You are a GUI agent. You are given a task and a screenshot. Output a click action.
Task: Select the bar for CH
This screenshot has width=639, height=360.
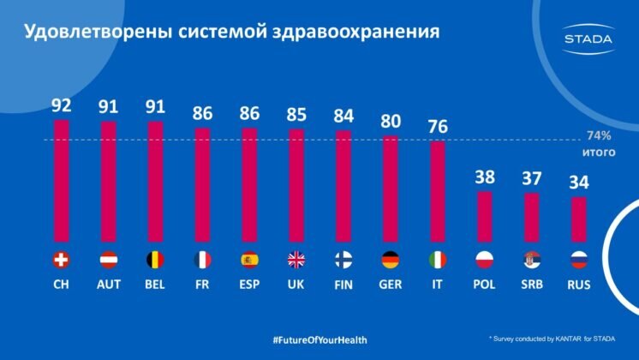(62, 180)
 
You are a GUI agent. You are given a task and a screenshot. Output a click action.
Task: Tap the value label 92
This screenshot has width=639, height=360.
(62, 106)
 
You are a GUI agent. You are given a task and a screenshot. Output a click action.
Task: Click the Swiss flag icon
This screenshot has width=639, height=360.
(62, 259)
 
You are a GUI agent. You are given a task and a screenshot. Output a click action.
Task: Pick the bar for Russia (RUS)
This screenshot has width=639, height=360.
(578, 219)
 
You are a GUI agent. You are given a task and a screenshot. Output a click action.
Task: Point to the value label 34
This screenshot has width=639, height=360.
(578, 183)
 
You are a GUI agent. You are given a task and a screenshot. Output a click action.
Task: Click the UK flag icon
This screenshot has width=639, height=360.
(296, 259)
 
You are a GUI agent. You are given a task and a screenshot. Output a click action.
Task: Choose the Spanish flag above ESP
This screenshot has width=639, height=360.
(249, 259)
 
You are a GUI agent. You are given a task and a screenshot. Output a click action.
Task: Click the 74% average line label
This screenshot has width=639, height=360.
(597, 136)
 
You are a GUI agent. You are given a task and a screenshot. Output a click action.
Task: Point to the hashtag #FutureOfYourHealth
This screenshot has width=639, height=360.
(319, 340)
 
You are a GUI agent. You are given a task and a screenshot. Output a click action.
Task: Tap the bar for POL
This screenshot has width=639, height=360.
(484, 216)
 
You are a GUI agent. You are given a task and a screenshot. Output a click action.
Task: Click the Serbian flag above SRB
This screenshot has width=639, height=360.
(531, 259)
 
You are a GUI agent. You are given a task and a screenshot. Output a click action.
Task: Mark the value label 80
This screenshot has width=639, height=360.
(391, 121)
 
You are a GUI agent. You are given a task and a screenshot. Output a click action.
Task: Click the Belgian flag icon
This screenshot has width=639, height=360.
(155, 259)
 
